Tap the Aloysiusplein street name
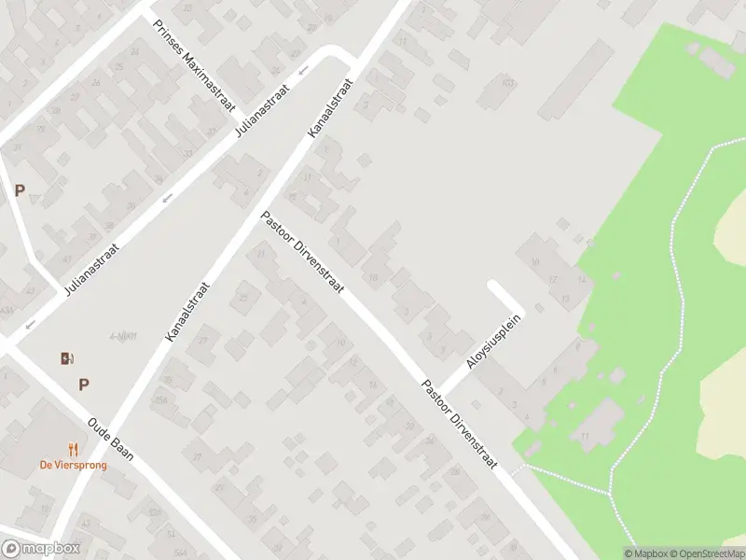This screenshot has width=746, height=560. point(493,342)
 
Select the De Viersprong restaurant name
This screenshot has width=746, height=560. point(72,465)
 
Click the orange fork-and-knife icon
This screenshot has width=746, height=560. point(72,450)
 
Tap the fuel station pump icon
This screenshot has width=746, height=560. point(66,358)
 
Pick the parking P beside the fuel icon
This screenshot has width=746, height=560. point(84,384)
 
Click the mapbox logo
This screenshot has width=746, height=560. point(40,548)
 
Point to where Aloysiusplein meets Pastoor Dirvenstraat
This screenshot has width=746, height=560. point(440,391)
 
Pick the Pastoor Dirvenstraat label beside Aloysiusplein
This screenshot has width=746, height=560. point(459,425)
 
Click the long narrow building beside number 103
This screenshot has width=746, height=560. point(574,78)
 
